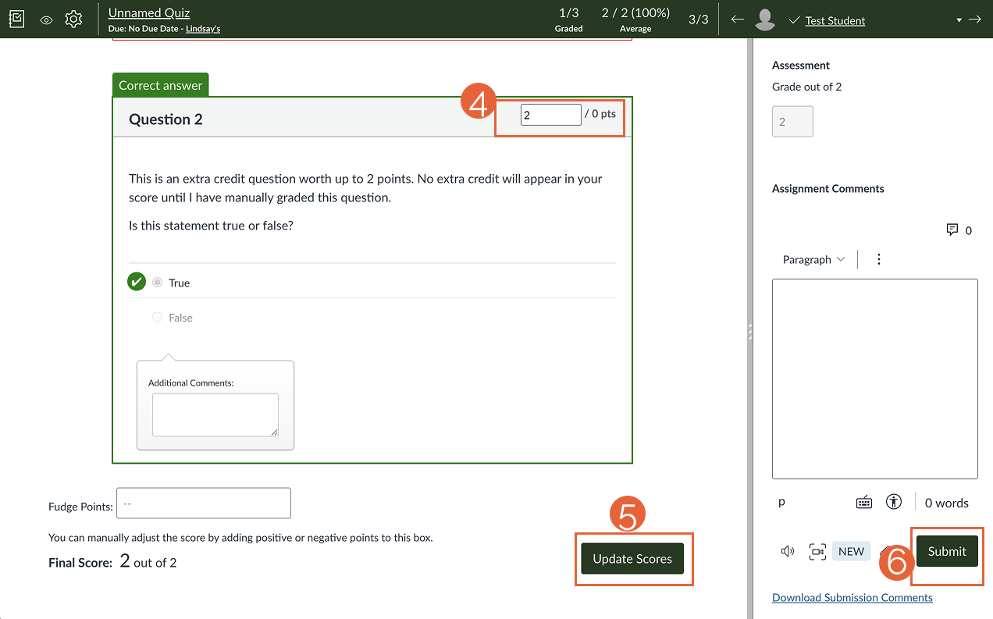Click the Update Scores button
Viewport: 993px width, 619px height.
[x=632, y=559]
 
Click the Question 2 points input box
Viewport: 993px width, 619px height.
[x=550, y=115]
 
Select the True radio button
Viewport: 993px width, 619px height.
[x=158, y=283]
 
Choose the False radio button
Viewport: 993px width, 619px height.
[x=158, y=318]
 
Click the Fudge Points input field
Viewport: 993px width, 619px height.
[x=203, y=503]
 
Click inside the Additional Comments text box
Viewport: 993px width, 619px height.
[x=215, y=414]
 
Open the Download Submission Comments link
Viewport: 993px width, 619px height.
[x=852, y=598]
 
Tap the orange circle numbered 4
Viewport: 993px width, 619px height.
[x=479, y=102]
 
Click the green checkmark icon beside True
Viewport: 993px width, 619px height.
[x=137, y=282]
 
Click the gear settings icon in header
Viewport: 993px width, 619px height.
[x=73, y=20]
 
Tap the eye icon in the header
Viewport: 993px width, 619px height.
[x=46, y=20]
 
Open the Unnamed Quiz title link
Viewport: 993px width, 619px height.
[x=149, y=12]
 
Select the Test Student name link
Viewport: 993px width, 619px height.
[x=835, y=20]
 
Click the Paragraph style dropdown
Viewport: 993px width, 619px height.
[x=813, y=259]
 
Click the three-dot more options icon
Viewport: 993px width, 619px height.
[x=879, y=259]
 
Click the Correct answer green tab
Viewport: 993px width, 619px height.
[x=161, y=85]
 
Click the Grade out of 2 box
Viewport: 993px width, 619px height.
[x=792, y=122]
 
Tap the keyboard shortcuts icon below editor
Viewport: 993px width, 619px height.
[x=863, y=503]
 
